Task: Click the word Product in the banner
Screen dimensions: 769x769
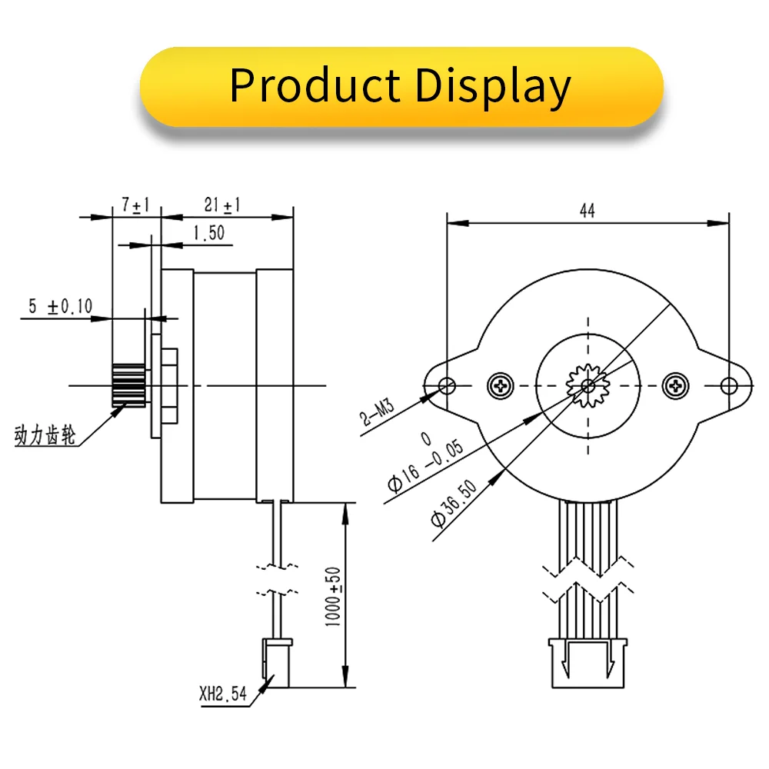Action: (x=315, y=85)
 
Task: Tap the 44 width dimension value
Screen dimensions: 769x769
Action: (x=588, y=211)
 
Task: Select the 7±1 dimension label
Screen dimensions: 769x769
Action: (x=136, y=205)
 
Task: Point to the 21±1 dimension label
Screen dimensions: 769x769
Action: (x=222, y=205)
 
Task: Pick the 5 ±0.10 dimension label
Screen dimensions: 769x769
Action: (x=60, y=307)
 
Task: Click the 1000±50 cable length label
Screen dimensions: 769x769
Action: (x=333, y=596)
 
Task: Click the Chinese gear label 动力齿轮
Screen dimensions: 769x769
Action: (x=45, y=437)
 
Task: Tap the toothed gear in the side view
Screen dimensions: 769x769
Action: (x=128, y=384)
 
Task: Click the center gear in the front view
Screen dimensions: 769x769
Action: (x=588, y=383)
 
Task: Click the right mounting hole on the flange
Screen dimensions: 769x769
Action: (x=729, y=383)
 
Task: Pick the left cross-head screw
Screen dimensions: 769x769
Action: (x=500, y=383)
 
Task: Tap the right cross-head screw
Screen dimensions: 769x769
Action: (x=676, y=383)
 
